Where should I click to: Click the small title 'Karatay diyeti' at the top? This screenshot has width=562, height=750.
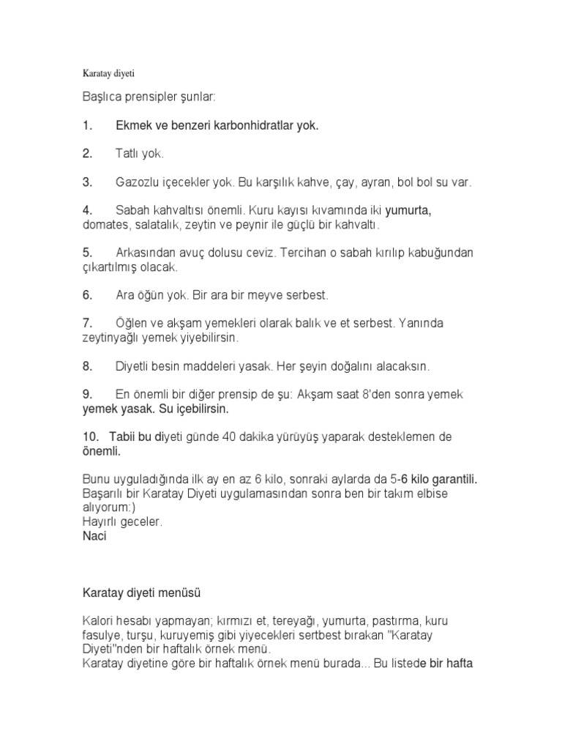(x=108, y=74)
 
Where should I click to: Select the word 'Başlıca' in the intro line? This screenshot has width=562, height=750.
(x=103, y=97)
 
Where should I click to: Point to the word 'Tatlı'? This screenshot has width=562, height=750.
(x=128, y=154)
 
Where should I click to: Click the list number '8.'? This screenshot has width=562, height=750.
(x=87, y=366)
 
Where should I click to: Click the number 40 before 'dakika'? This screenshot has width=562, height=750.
(x=250, y=437)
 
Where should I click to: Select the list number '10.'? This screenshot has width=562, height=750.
(x=90, y=437)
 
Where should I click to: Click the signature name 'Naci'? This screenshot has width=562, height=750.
(x=95, y=536)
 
